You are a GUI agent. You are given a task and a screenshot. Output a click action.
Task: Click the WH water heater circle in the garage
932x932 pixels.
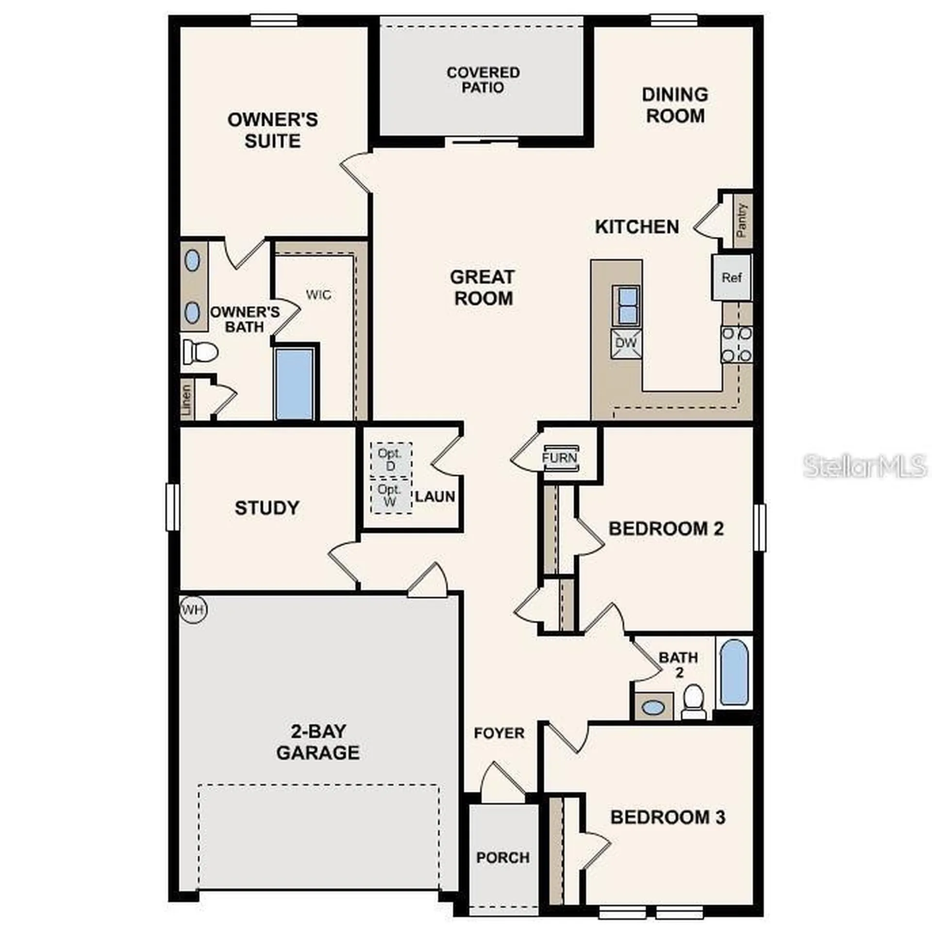[x=193, y=609]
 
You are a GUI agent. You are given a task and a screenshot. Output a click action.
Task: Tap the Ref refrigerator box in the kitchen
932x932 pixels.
[x=731, y=277]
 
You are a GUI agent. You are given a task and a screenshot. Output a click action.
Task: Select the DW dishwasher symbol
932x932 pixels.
[x=626, y=343]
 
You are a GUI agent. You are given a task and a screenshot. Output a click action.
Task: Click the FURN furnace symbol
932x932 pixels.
[x=560, y=457]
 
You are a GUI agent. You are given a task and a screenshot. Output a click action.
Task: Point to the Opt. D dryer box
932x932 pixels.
[x=390, y=459]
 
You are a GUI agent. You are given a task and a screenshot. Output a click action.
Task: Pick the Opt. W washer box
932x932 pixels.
[x=390, y=496]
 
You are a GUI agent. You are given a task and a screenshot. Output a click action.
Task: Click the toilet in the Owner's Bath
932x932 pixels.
[x=200, y=351]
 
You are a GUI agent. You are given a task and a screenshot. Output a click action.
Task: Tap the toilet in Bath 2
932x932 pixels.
[x=693, y=701]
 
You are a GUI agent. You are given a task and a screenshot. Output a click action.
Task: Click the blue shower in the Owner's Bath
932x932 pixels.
[x=294, y=383]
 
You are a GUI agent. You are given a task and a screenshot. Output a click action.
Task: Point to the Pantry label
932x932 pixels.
[x=741, y=220]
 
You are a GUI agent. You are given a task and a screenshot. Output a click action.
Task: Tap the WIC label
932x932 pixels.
[x=319, y=295]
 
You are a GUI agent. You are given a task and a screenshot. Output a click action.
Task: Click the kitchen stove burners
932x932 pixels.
[x=736, y=345]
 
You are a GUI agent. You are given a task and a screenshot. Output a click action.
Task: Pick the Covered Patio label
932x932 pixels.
[x=483, y=80]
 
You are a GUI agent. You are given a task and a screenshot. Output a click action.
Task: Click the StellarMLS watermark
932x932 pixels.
[x=864, y=466]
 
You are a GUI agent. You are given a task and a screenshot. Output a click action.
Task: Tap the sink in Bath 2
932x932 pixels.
[x=653, y=707]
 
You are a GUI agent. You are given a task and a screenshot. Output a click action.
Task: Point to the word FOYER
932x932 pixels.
[x=499, y=733]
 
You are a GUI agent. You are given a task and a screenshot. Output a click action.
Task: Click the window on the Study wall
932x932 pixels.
[x=172, y=507]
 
